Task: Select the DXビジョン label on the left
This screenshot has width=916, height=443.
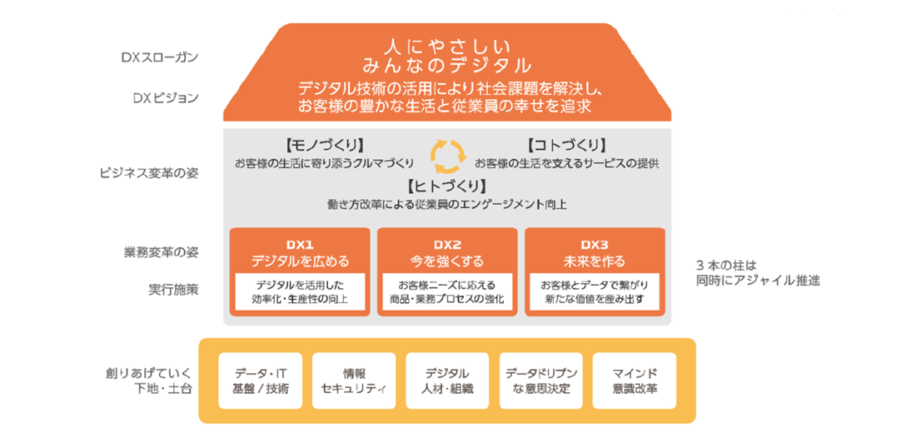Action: click(165, 97)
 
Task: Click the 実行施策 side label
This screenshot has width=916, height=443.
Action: click(173, 290)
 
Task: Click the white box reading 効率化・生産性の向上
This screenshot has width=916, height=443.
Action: click(300, 291)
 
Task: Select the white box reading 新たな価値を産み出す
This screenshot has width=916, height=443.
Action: click(594, 291)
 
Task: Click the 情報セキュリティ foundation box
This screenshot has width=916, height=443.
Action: click(354, 381)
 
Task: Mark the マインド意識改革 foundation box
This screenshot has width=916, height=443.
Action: click(635, 381)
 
